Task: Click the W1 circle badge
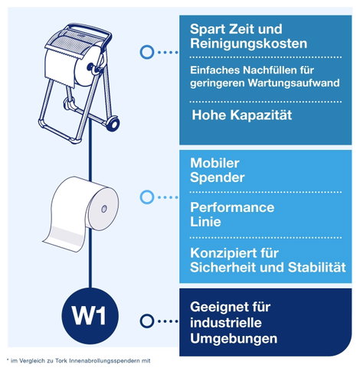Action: pos(90,316)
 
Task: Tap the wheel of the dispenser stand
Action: pos(113,123)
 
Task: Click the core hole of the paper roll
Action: pos(104,209)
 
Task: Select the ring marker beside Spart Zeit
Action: pos(147,52)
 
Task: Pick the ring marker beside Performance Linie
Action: pos(147,197)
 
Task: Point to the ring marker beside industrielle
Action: pos(147,321)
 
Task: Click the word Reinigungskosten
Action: pos(248,44)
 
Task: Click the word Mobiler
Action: pos(214,163)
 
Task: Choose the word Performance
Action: pos(232,207)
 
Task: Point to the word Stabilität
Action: pos(317,267)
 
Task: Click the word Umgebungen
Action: pos(234,339)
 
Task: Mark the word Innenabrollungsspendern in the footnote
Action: pos(103,361)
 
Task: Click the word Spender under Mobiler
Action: pos(218,177)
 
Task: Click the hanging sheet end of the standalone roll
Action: pos(64,239)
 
